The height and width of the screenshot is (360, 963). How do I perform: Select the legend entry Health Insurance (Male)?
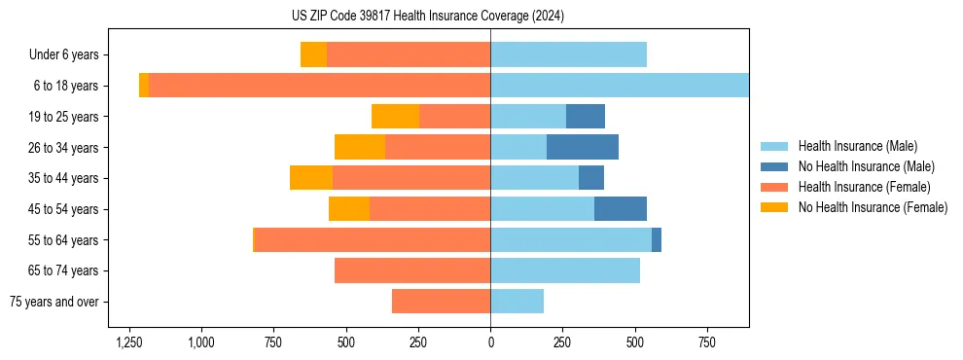point(857,146)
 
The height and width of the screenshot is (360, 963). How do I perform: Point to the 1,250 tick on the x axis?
point(128,342)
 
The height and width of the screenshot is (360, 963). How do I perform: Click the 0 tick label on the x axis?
point(490,342)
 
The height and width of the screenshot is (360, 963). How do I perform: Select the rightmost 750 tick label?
point(707,342)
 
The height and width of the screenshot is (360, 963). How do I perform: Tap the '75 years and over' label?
point(54,302)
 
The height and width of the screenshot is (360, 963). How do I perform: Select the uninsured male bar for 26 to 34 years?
point(583,147)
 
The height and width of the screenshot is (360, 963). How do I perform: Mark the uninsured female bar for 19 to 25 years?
point(395,117)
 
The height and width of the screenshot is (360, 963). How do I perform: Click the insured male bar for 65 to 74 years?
point(565,270)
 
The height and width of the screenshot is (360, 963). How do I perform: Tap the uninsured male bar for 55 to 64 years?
point(657,239)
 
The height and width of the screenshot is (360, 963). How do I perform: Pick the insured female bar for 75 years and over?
point(441,302)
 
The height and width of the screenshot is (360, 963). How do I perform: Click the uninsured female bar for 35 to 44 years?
point(311,178)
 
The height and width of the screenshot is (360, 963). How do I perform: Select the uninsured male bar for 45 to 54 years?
point(621,209)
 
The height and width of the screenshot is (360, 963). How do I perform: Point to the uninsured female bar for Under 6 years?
point(313,54)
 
